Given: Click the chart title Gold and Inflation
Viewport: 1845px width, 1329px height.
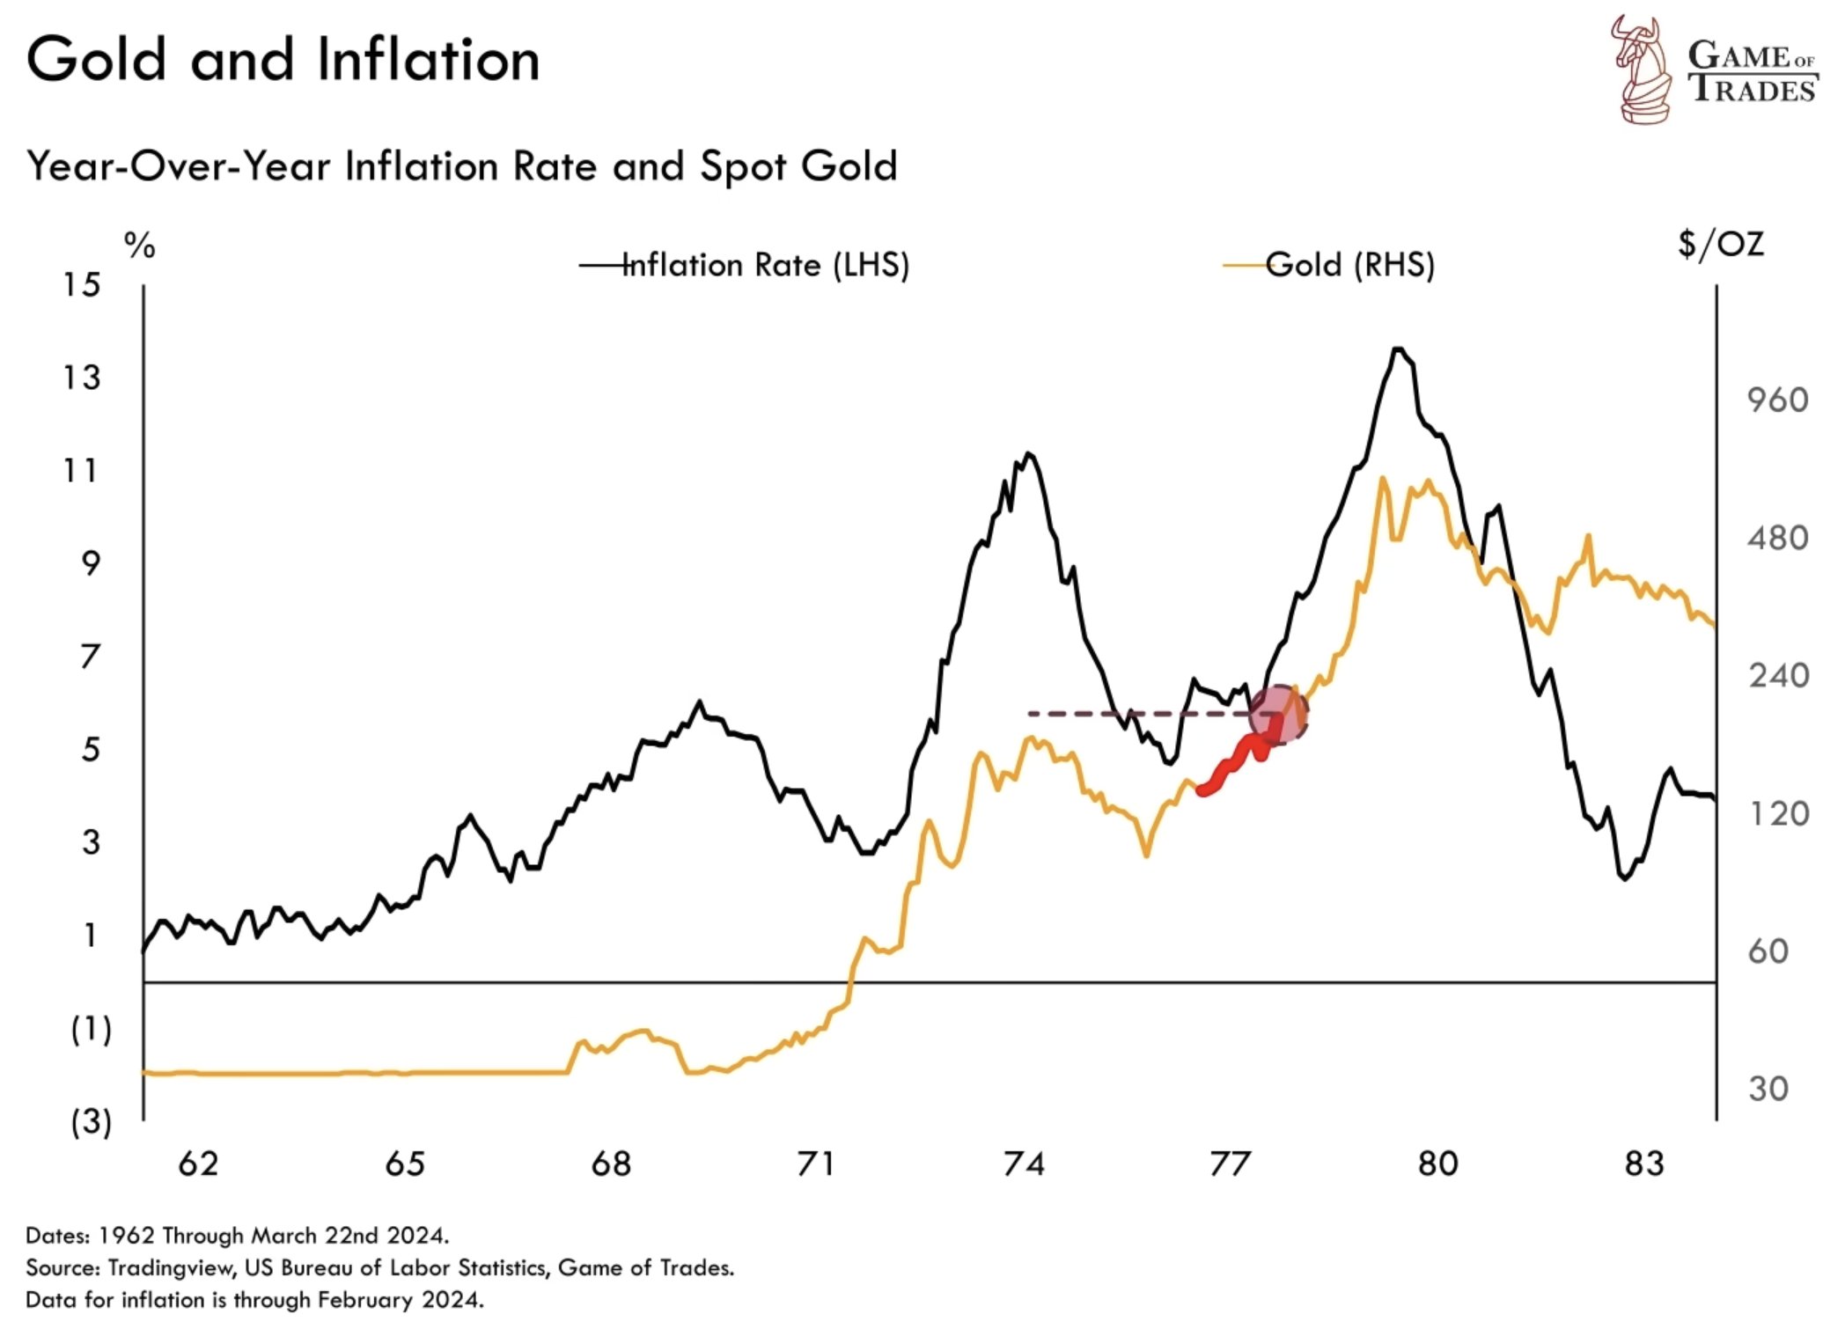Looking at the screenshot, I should pyautogui.click(x=283, y=60).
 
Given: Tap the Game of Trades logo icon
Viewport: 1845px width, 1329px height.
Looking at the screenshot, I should pyautogui.click(x=1641, y=69).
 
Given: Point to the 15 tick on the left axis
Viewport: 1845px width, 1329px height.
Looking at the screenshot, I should pyautogui.click(x=81, y=285).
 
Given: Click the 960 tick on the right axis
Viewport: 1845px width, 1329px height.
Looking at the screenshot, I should pyautogui.click(x=1777, y=400).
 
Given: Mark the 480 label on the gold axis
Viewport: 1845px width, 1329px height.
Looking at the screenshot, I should pyautogui.click(x=1777, y=538).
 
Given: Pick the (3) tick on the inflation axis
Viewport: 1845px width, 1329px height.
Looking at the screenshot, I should pyautogui.click(x=91, y=1122).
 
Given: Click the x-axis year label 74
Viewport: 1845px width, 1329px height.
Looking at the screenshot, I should pyautogui.click(x=1024, y=1164).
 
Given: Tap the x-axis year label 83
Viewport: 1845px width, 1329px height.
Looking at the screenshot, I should pyautogui.click(x=1644, y=1164).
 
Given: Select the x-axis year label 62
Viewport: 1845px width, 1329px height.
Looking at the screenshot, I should pyautogui.click(x=197, y=1164).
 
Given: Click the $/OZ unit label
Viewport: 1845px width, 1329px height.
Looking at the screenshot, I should pyautogui.click(x=1720, y=244).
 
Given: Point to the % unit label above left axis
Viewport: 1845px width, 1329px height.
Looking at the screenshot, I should pyautogui.click(x=139, y=246).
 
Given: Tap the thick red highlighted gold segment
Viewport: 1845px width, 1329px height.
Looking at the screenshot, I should pyautogui.click(x=1232, y=766).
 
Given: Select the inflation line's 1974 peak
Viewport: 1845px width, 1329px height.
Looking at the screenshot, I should pyautogui.click(x=1028, y=454).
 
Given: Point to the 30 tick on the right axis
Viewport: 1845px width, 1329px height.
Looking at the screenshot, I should pyautogui.click(x=1768, y=1090).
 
